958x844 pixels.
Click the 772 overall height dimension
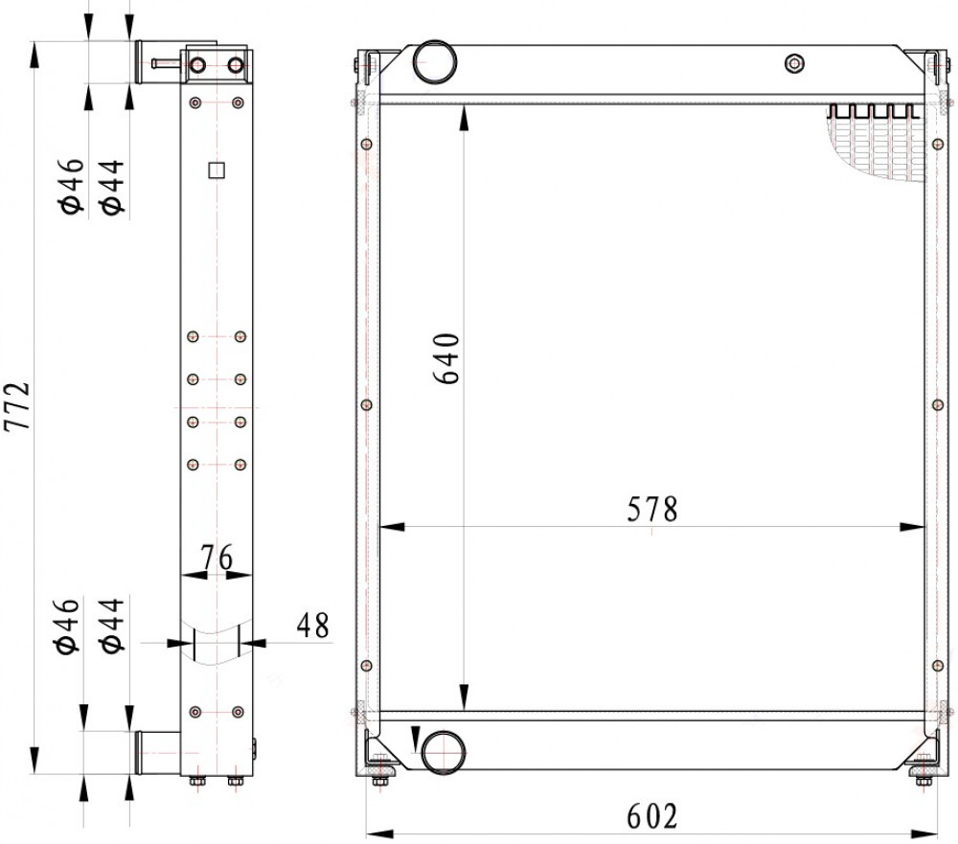[x=16, y=406]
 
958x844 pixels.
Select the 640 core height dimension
[x=446, y=358]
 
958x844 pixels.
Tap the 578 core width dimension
[x=652, y=509]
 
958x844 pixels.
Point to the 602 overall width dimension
[x=652, y=816]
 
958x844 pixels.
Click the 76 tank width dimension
[x=217, y=557]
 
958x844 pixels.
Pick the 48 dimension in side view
[x=313, y=626]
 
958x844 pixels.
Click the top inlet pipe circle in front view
[x=435, y=61]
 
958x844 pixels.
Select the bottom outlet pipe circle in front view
[x=443, y=752]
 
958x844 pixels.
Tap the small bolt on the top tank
[x=793, y=63]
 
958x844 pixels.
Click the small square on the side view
[x=217, y=170]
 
